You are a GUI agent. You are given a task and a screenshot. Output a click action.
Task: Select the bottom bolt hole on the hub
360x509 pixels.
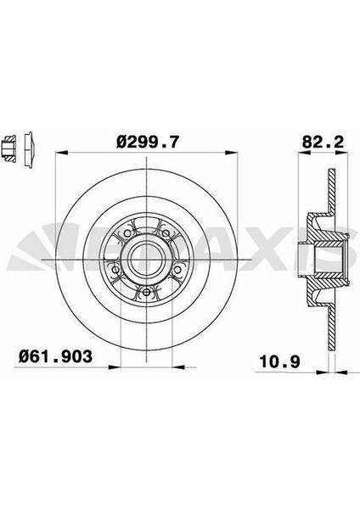click(x=146, y=293)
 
